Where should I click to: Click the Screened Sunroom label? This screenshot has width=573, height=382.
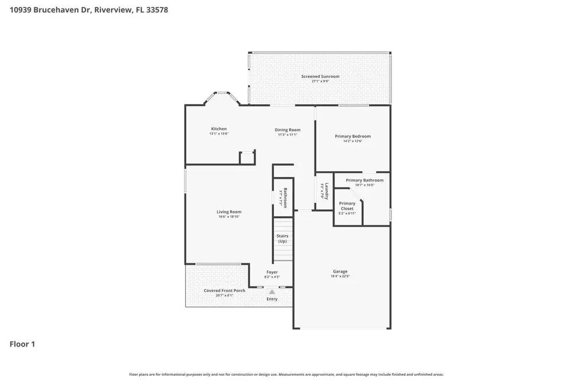click(320, 76)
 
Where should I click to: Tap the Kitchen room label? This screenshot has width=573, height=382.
click(219, 129)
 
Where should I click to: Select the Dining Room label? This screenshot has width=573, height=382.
click(287, 130)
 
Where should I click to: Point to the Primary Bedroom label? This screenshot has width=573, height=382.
click(352, 136)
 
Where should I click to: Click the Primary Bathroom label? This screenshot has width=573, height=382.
click(364, 180)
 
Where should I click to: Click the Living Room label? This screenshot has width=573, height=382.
click(229, 212)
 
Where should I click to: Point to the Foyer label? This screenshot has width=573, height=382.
click(272, 272)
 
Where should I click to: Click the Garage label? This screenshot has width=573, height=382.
click(340, 271)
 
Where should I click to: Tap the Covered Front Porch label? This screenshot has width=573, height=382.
click(225, 290)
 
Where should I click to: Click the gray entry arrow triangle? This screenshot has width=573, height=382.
click(272, 292)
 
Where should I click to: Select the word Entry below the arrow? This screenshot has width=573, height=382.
click(272, 299)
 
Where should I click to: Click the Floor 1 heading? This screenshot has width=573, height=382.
click(22, 344)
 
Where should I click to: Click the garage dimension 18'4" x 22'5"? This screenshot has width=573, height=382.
click(340, 276)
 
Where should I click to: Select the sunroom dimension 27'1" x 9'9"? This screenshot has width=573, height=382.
click(320, 81)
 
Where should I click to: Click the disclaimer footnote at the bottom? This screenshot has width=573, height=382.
click(286, 374)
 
